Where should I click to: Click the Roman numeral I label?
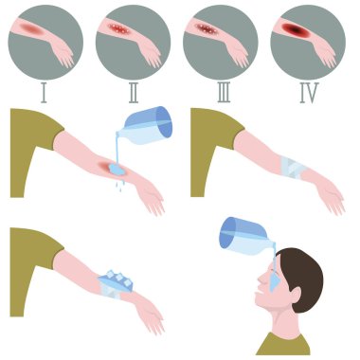coord(44,93)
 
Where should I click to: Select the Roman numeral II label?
coord(134,93)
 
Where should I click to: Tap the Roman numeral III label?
coord(224,93)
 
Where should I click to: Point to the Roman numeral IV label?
coord(309,93)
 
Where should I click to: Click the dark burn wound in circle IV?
coord(293,29)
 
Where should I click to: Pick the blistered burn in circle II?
coord(118,28)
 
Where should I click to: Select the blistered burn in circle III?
coord(206,28)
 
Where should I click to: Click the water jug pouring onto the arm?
coord(148,126)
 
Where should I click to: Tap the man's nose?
coord(261,279)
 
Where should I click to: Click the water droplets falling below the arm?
coord(119,186)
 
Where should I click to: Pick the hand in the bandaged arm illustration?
coord(331,197)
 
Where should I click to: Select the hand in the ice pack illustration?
coord(151,315)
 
